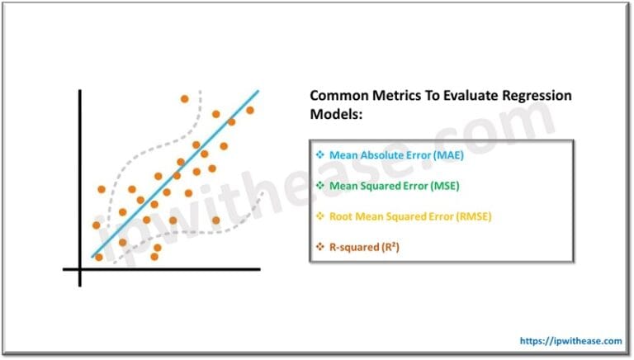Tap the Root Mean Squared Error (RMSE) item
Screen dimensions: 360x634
point(392,216)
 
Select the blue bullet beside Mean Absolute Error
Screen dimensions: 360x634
point(320,155)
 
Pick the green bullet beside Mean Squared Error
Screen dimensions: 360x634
point(320,186)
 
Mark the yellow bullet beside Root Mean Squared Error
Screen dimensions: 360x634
point(320,216)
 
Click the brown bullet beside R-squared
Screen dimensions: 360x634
point(320,247)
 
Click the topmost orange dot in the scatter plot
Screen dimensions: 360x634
point(185,99)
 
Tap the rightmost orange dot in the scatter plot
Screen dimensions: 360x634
point(250,110)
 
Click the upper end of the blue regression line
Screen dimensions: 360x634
point(258,91)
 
